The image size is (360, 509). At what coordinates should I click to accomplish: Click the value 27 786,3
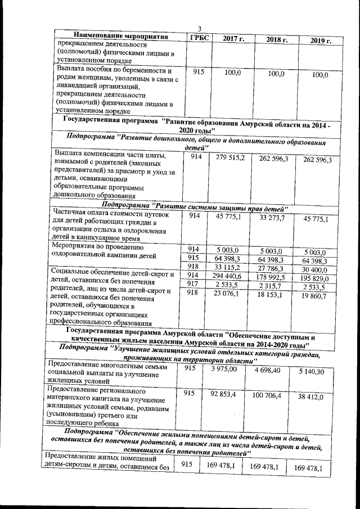click(x=274, y=268)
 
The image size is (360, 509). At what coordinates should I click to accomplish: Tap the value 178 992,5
click(x=274, y=277)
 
